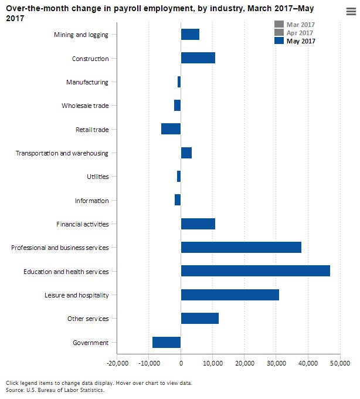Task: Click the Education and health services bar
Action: click(x=255, y=270)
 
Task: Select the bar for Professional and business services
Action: click(x=241, y=247)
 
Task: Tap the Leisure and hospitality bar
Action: click(x=230, y=295)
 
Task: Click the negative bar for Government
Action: click(x=167, y=342)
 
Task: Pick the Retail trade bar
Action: click(x=171, y=129)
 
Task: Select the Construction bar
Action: click(x=198, y=58)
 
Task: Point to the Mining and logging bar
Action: click(x=190, y=35)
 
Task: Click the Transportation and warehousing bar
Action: click(x=186, y=153)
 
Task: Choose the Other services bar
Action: click(x=199, y=318)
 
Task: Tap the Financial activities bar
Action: click(x=198, y=224)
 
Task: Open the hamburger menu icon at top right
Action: click(x=351, y=19)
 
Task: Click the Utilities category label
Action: click(x=97, y=177)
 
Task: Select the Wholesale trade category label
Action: click(x=85, y=106)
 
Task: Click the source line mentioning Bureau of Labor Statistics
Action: click(x=55, y=390)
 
